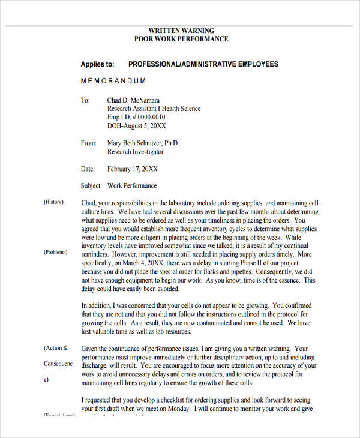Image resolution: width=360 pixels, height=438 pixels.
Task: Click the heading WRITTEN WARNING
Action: pos(181,30)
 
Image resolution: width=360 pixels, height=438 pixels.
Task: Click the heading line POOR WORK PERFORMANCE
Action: pos(181,39)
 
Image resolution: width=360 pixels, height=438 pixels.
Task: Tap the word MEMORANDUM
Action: pos(113,81)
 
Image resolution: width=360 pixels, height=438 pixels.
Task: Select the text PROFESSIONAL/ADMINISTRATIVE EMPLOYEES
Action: pos(203,64)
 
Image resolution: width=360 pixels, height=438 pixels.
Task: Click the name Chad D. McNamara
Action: pos(137,100)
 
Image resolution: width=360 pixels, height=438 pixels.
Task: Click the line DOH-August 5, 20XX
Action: pos(136,126)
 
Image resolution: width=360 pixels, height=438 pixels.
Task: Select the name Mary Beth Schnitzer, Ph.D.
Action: pos(143,143)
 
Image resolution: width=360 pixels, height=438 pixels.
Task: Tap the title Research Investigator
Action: pos(135,152)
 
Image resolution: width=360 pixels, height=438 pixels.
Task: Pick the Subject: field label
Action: pos(91,186)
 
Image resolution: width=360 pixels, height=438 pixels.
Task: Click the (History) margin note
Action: pos(53,202)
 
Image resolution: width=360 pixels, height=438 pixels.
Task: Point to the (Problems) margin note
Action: pos(55,253)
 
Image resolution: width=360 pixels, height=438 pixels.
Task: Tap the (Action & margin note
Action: pos(56,348)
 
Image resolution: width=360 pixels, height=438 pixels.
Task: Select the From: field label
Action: pos(88,143)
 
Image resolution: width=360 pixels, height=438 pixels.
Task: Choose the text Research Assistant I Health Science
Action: pos(154,109)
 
